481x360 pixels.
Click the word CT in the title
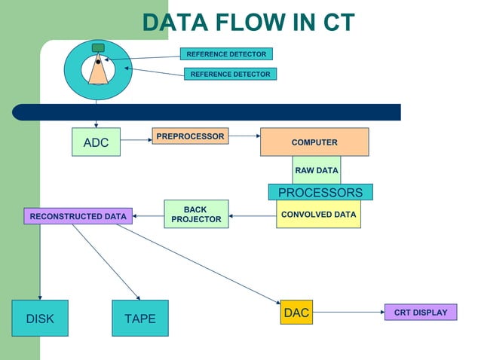(329, 23)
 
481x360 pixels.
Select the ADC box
(96, 142)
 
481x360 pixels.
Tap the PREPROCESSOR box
(190, 136)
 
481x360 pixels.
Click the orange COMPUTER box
(314, 142)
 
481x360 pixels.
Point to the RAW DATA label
(317, 170)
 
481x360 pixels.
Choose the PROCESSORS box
(320, 192)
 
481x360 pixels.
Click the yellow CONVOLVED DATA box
(318, 214)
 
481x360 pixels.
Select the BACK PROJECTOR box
(196, 214)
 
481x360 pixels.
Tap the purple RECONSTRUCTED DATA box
(78, 216)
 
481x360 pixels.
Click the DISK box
(40, 319)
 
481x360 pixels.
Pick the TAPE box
(139, 319)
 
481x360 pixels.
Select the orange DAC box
(296, 313)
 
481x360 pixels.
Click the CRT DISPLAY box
(421, 312)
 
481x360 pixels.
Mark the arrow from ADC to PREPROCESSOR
(136, 139)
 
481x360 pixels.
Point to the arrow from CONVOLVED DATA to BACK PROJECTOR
(253, 216)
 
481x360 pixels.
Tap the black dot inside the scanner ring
(98, 62)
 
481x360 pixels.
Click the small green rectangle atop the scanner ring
(98, 48)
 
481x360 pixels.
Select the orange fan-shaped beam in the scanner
(98, 74)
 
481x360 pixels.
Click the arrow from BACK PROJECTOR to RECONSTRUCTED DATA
(149, 216)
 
